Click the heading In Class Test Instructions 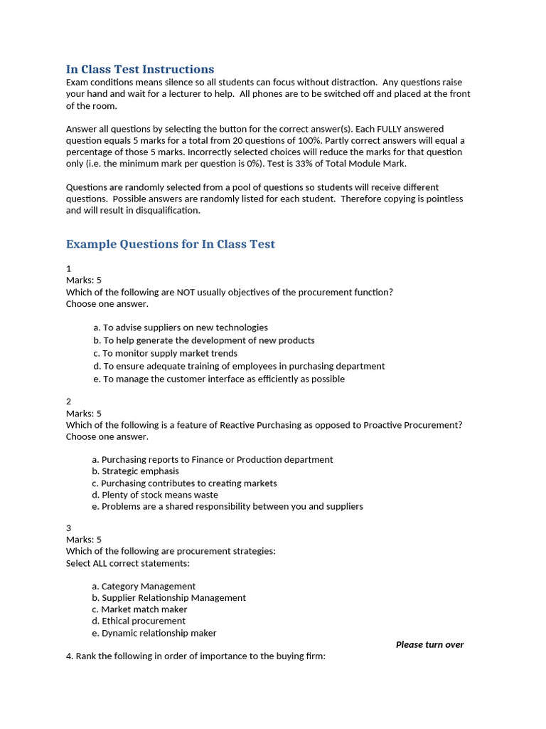pos(139,69)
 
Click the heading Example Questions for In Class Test pos(170,244)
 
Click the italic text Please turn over pos(429,644)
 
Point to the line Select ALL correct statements pos(128,563)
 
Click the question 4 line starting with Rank pos(196,656)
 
